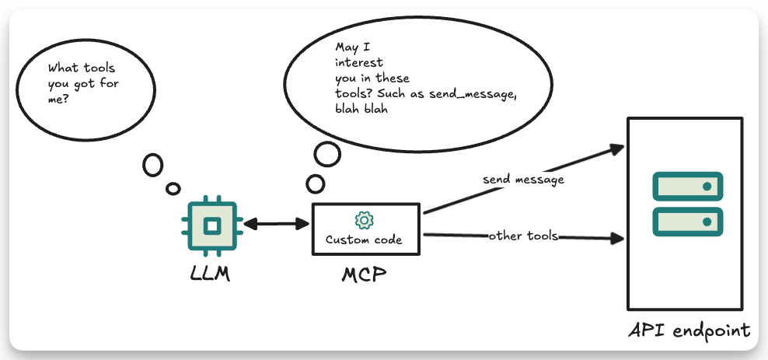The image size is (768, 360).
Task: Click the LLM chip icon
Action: tap(211, 225)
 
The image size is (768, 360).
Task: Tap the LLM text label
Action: tap(210, 274)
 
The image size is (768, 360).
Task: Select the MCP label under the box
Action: tap(364, 274)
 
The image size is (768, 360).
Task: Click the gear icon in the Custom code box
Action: tap(365, 220)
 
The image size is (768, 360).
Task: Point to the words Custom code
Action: tap(364, 240)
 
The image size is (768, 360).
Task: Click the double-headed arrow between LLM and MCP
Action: tap(276, 225)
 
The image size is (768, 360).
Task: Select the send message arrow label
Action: tap(523, 180)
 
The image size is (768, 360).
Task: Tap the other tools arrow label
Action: tap(524, 236)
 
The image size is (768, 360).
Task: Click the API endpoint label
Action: tap(689, 330)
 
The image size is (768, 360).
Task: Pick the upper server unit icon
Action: tap(688, 186)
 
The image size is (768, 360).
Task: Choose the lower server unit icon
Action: tap(688, 222)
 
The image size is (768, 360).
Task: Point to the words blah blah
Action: tap(361, 109)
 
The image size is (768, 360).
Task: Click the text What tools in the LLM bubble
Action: tap(82, 68)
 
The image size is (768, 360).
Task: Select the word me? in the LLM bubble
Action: tap(58, 100)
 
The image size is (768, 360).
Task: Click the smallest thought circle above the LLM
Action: tap(173, 189)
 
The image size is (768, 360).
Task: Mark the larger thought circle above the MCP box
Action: tap(327, 155)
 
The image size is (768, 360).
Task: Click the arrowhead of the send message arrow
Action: tap(618, 147)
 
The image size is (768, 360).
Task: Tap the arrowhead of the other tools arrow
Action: tap(619, 239)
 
